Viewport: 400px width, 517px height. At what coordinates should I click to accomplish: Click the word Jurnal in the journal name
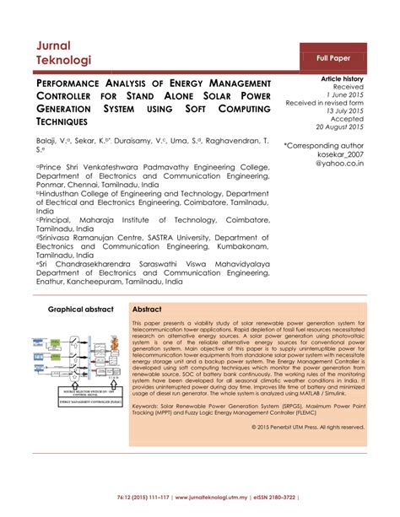(53, 44)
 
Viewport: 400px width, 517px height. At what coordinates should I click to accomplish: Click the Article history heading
(342, 78)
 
